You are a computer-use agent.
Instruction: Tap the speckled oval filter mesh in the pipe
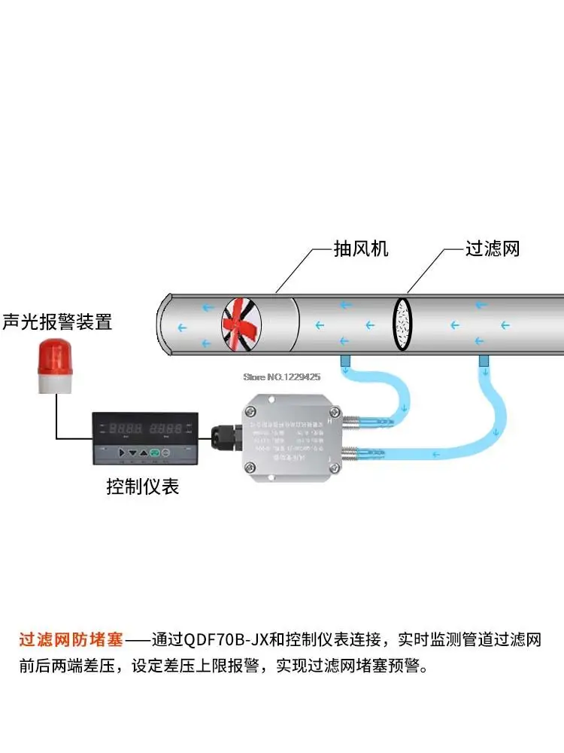[403, 325]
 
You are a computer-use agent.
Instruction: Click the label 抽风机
[361, 248]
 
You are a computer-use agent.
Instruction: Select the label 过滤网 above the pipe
[493, 248]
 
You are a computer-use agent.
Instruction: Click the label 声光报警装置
[57, 322]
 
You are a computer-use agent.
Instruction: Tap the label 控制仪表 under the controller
[143, 486]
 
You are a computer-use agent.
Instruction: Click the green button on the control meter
[156, 453]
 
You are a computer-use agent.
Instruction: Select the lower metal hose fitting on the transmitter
[359, 454]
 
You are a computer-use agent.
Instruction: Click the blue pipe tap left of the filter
[344, 362]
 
